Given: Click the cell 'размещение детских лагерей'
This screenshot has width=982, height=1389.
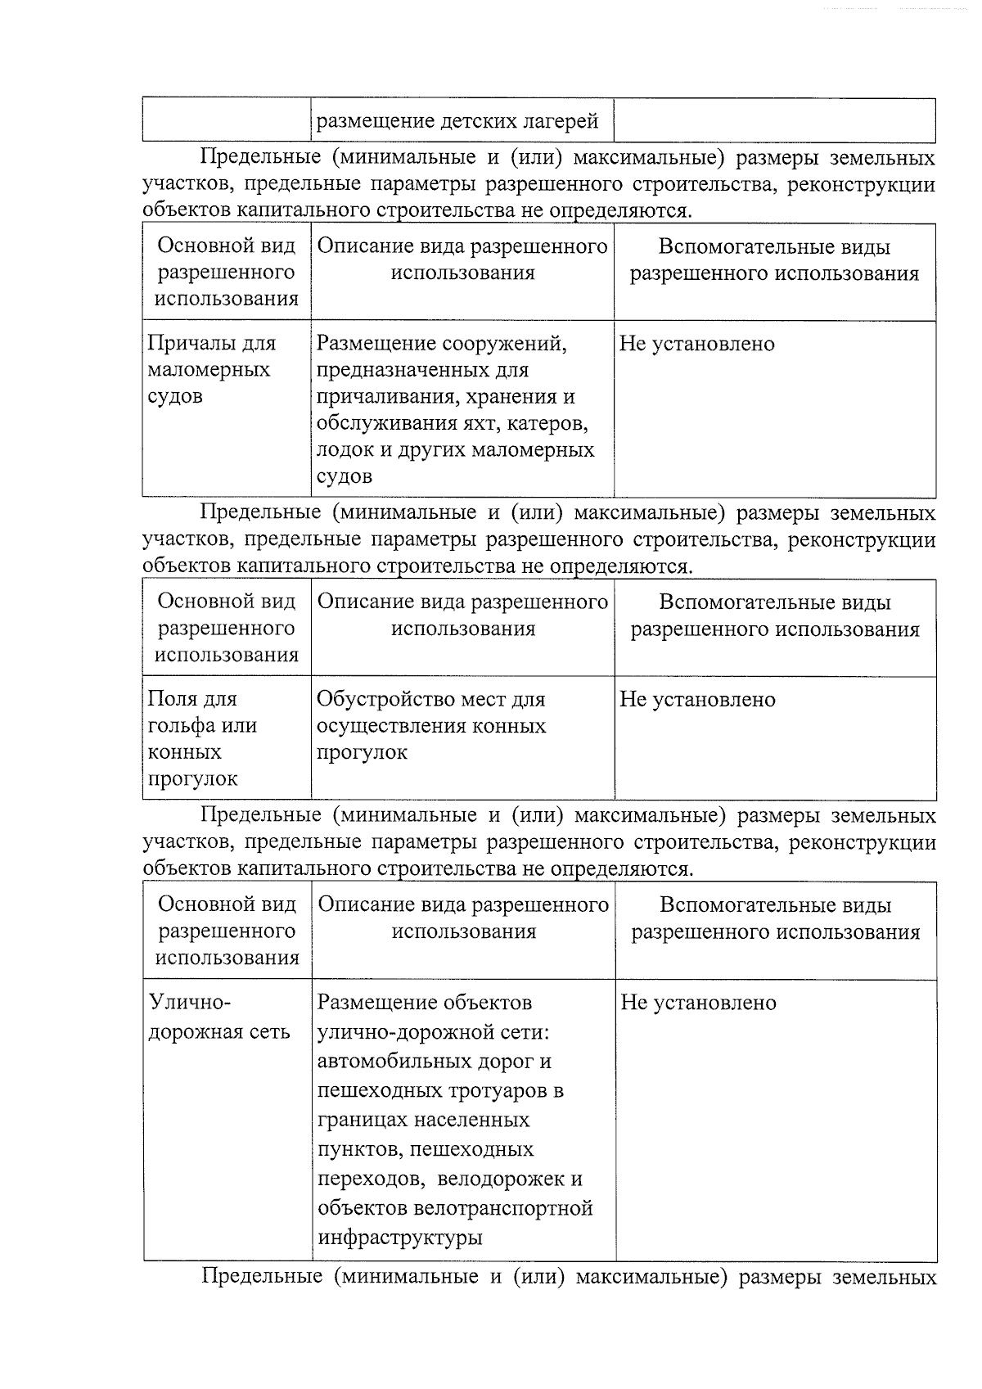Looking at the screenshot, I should click(457, 122).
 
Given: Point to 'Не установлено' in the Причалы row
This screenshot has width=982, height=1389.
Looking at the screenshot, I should click(696, 344).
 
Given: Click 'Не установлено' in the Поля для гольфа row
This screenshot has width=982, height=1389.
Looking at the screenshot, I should click(697, 700).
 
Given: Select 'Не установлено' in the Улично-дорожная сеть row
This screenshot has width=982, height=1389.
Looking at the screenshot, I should click(698, 1003).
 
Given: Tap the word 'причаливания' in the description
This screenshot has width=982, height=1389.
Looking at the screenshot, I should click(380, 397).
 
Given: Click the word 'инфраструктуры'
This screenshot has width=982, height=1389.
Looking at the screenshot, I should click(399, 1238).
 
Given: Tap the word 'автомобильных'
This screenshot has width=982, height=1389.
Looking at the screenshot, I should click(393, 1062).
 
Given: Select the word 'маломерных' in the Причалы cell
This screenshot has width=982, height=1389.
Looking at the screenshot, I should click(209, 370).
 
